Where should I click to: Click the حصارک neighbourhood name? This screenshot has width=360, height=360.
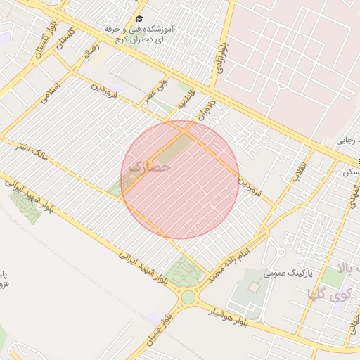coord(151,169)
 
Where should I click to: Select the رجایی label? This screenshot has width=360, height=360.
coord(345,141)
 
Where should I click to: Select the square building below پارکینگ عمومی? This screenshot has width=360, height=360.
coord(254,288)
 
